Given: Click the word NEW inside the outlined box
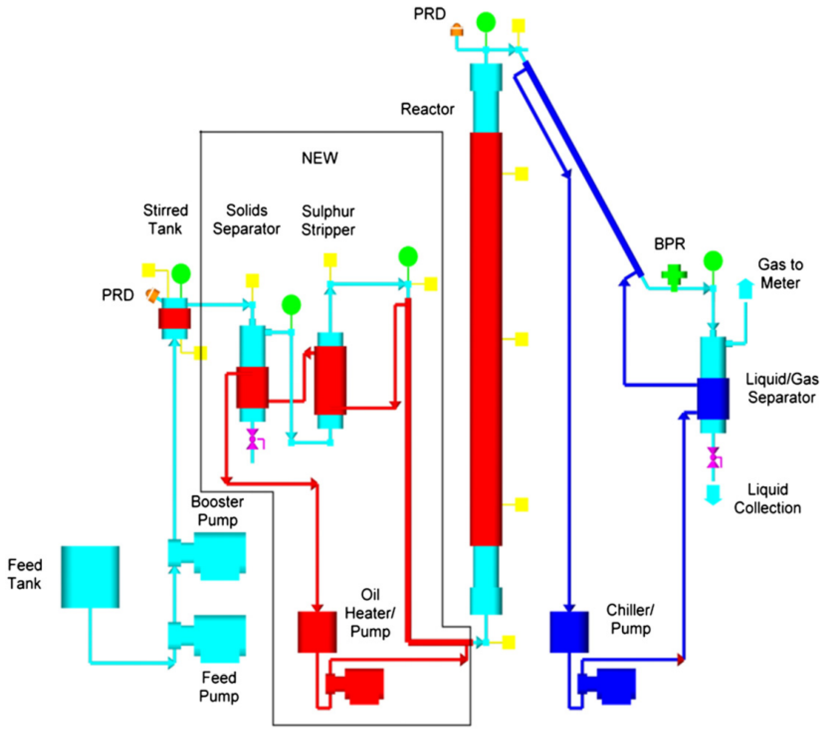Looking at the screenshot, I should [x=320, y=158].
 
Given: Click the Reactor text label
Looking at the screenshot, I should [x=427, y=109].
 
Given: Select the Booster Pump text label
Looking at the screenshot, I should [x=217, y=510].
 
